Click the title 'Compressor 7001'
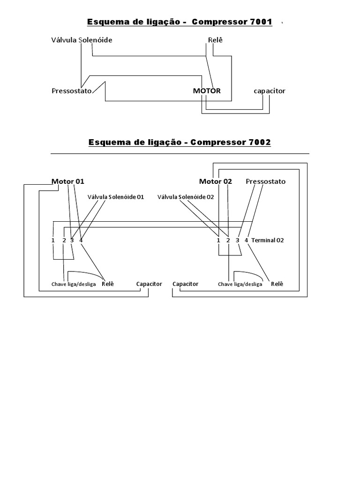232,22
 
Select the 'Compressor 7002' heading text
231,142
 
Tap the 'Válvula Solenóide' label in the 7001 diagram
82,40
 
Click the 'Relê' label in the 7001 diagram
215,40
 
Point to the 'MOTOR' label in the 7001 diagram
206,91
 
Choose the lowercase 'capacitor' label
269,91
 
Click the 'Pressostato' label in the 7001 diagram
71,91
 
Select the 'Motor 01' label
68,181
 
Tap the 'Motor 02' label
216,181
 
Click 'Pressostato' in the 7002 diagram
265,181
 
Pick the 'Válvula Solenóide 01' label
116,197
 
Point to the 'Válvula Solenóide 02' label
186,197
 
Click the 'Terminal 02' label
268,240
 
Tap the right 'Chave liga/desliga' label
240,285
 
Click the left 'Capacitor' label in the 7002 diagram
149,284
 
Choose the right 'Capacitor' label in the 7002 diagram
185,284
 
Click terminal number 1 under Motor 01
53,240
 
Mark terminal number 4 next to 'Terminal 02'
246,240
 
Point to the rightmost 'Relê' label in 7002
277,284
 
